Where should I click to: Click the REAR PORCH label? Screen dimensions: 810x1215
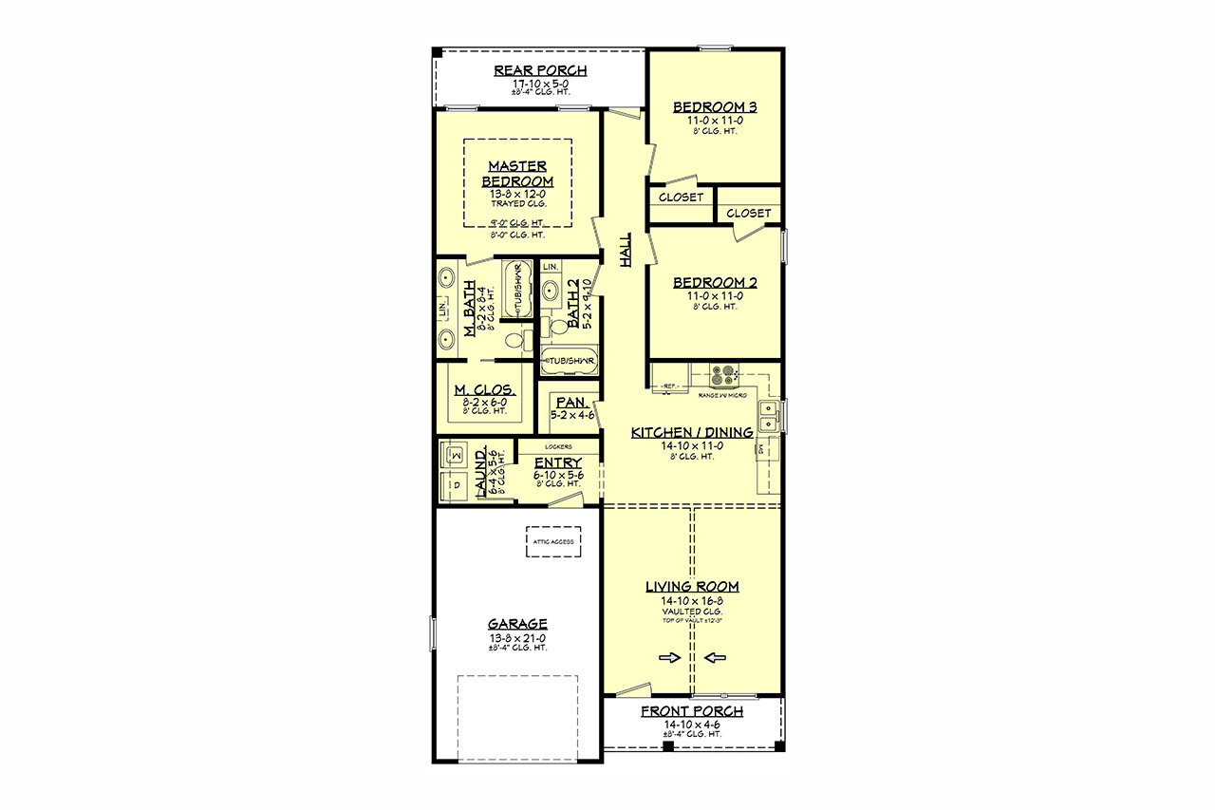540,70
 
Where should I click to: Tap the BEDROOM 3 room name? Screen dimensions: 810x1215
714,106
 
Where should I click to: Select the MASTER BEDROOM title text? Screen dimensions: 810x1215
517,174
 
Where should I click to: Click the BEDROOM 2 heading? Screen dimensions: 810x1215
714,282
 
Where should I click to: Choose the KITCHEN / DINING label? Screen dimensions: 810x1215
692,432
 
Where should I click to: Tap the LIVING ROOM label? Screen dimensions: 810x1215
692,587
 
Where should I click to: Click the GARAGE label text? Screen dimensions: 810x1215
517,624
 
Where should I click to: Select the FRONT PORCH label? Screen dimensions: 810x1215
692,711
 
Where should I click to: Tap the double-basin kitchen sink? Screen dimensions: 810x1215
770,414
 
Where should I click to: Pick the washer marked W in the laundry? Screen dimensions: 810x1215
454,456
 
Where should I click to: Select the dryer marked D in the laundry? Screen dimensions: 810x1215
454,484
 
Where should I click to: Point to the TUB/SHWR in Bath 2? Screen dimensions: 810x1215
570,361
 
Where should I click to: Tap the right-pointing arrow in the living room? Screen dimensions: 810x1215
669,657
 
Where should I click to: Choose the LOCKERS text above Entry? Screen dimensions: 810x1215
557,445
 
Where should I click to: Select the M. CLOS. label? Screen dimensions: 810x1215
484,390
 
